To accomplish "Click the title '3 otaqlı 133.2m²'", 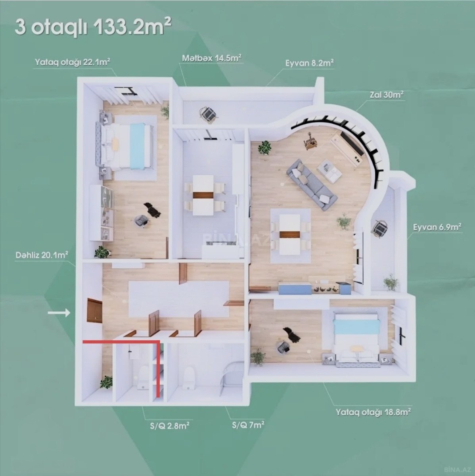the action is coord(93,28).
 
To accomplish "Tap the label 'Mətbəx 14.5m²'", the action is coord(212,58).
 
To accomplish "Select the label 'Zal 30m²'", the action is coord(387,95).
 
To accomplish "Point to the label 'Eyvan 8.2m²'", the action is coord(309,63).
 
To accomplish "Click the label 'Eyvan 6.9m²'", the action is coord(437,227).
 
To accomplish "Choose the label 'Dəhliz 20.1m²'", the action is coord(42,255).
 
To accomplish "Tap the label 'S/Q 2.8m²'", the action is coord(170,426).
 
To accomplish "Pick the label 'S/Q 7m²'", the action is coord(248,425).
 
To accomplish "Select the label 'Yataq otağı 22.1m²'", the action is coord(73,62).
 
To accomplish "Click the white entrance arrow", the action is coord(59,313).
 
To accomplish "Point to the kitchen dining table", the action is coord(203,195).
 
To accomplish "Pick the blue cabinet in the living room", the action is coord(295,289).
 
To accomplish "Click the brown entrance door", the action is coord(94,310).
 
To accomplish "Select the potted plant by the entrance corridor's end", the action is coord(107,382).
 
